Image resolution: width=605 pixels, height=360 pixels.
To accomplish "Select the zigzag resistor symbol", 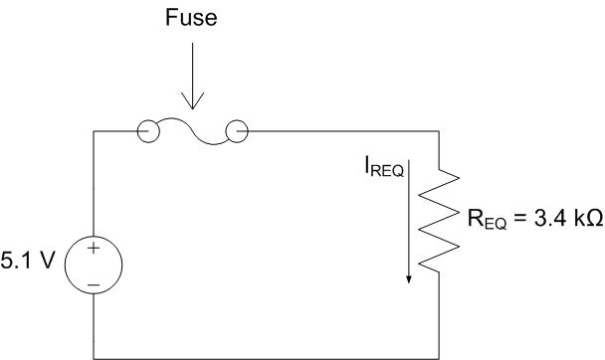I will (439, 219).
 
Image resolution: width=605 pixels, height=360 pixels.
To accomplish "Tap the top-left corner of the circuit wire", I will (94, 131).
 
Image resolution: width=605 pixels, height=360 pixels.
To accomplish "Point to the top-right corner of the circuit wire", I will (439, 131).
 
